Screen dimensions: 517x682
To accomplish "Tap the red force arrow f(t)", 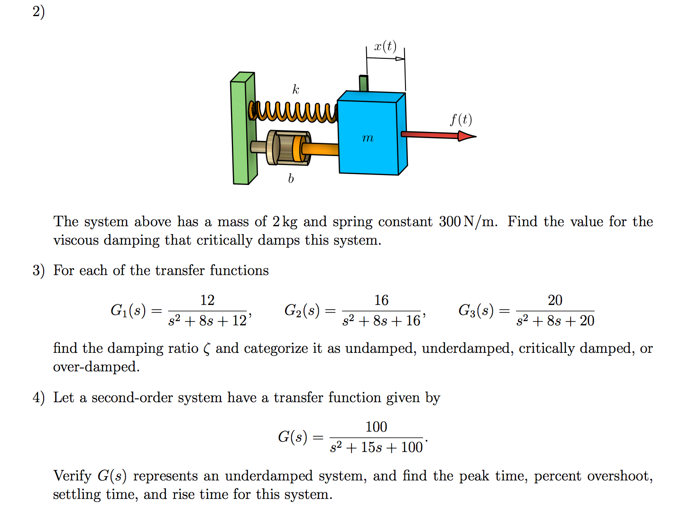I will pyautogui.click(x=436, y=135).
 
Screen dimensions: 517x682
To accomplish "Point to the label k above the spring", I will pyautogui.click(x=295, y=90).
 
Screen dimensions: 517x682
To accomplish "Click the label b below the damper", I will pyautogui.click(x=291, y=179).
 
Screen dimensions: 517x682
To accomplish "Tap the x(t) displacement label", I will pyautogui.click(x=385, y=46).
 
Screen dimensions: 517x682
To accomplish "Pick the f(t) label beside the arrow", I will pyautogui.click(x=461, y=119).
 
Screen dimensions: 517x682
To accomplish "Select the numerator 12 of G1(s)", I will pyautogui.click(x=207, y=300).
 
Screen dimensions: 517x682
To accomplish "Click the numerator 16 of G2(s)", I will pyautogui.click(x=381, y=300).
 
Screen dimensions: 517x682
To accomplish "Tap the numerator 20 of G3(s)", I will pyautogui.click(x=555, y=300).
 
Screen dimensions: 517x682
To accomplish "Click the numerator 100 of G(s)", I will pyautogui.click(x=376, y=427).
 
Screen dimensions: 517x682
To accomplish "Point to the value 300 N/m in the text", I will pyautogui.click(x=468, y=222).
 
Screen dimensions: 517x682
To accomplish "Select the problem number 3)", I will pyautogui.click(x=38, y=270).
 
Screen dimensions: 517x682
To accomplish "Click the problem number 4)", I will pyautogui.click(x=38, y=397).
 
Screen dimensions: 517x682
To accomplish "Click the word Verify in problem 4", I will pyautogui.click(x=72, y=475).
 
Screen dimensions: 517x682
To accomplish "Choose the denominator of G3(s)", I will pyautogui.click(x=555, y=321).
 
